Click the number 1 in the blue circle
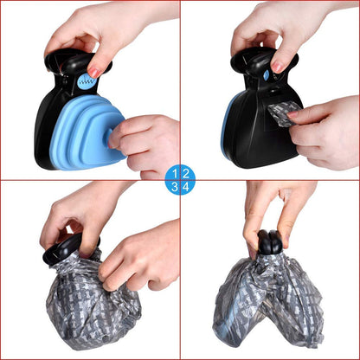175,174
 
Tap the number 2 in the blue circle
186,174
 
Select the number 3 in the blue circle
175,187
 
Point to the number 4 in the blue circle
186,187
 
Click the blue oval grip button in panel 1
87,81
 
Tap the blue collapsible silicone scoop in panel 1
87,132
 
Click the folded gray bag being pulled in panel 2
285,114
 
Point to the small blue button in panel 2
267,75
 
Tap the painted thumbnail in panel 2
278,67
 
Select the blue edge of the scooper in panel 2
226,127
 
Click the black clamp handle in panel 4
270,242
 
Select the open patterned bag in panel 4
268,301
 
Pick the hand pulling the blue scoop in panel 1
145,145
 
